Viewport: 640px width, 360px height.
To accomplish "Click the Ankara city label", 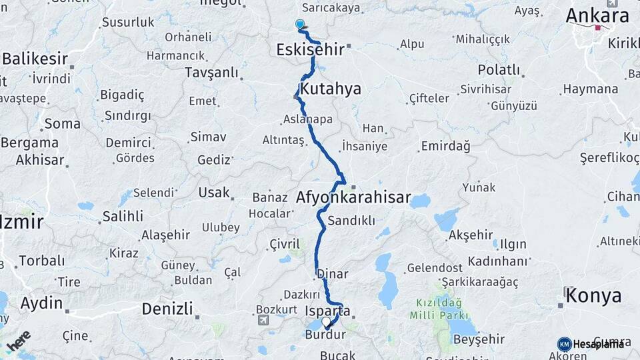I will click(597, 15).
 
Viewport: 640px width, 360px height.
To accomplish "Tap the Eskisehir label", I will click(311, 49).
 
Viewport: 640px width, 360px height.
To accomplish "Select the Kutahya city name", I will click(331, 89).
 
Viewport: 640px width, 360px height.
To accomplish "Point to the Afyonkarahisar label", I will click(353, 198).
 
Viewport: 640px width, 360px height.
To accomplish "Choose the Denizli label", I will click(167, 309).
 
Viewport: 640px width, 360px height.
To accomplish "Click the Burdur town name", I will click(325, 335).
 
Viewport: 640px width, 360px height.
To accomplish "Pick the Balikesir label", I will click(35, 59).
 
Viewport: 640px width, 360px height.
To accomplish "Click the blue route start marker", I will click(300, 25).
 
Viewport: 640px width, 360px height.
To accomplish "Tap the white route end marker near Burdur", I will click(327, 323).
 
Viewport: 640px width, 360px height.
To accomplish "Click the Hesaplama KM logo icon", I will click(564, 344).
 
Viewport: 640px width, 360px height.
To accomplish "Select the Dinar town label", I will click(332, 273).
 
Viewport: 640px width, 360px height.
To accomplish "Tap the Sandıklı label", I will click(352, 221).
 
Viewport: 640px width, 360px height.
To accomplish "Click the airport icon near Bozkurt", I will click(263, 321).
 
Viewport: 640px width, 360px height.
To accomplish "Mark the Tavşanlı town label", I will click(211, 71).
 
